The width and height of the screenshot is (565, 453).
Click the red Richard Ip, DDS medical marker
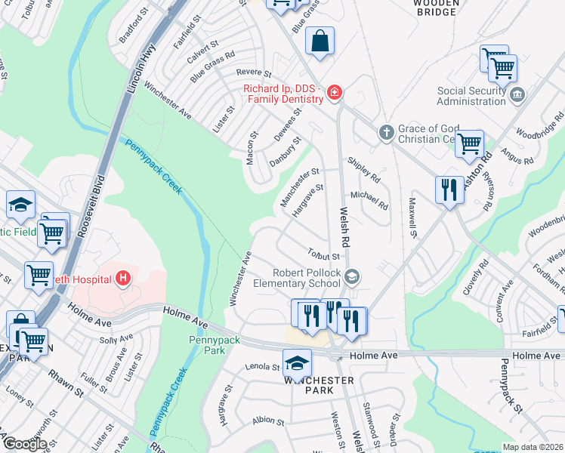pyautogui.click(x=335, y=94)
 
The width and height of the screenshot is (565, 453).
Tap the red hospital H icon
pyautogui.click(x=124, y=279)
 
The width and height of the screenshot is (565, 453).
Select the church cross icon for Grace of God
pyautogui.click(x=386, y=133)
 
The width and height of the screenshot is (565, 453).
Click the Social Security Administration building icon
pyautogui.click(x=517, y=94)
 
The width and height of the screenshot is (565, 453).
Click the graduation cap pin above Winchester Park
pyautogui.click(x=298, y=362)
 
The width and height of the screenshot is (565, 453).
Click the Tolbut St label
pyautogui.click(x=324, y=255)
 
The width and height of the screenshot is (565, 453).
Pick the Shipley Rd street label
pyautogui.click(x=363, y=170)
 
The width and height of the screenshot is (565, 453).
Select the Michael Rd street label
pyautogui.click(x=374, y=200)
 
